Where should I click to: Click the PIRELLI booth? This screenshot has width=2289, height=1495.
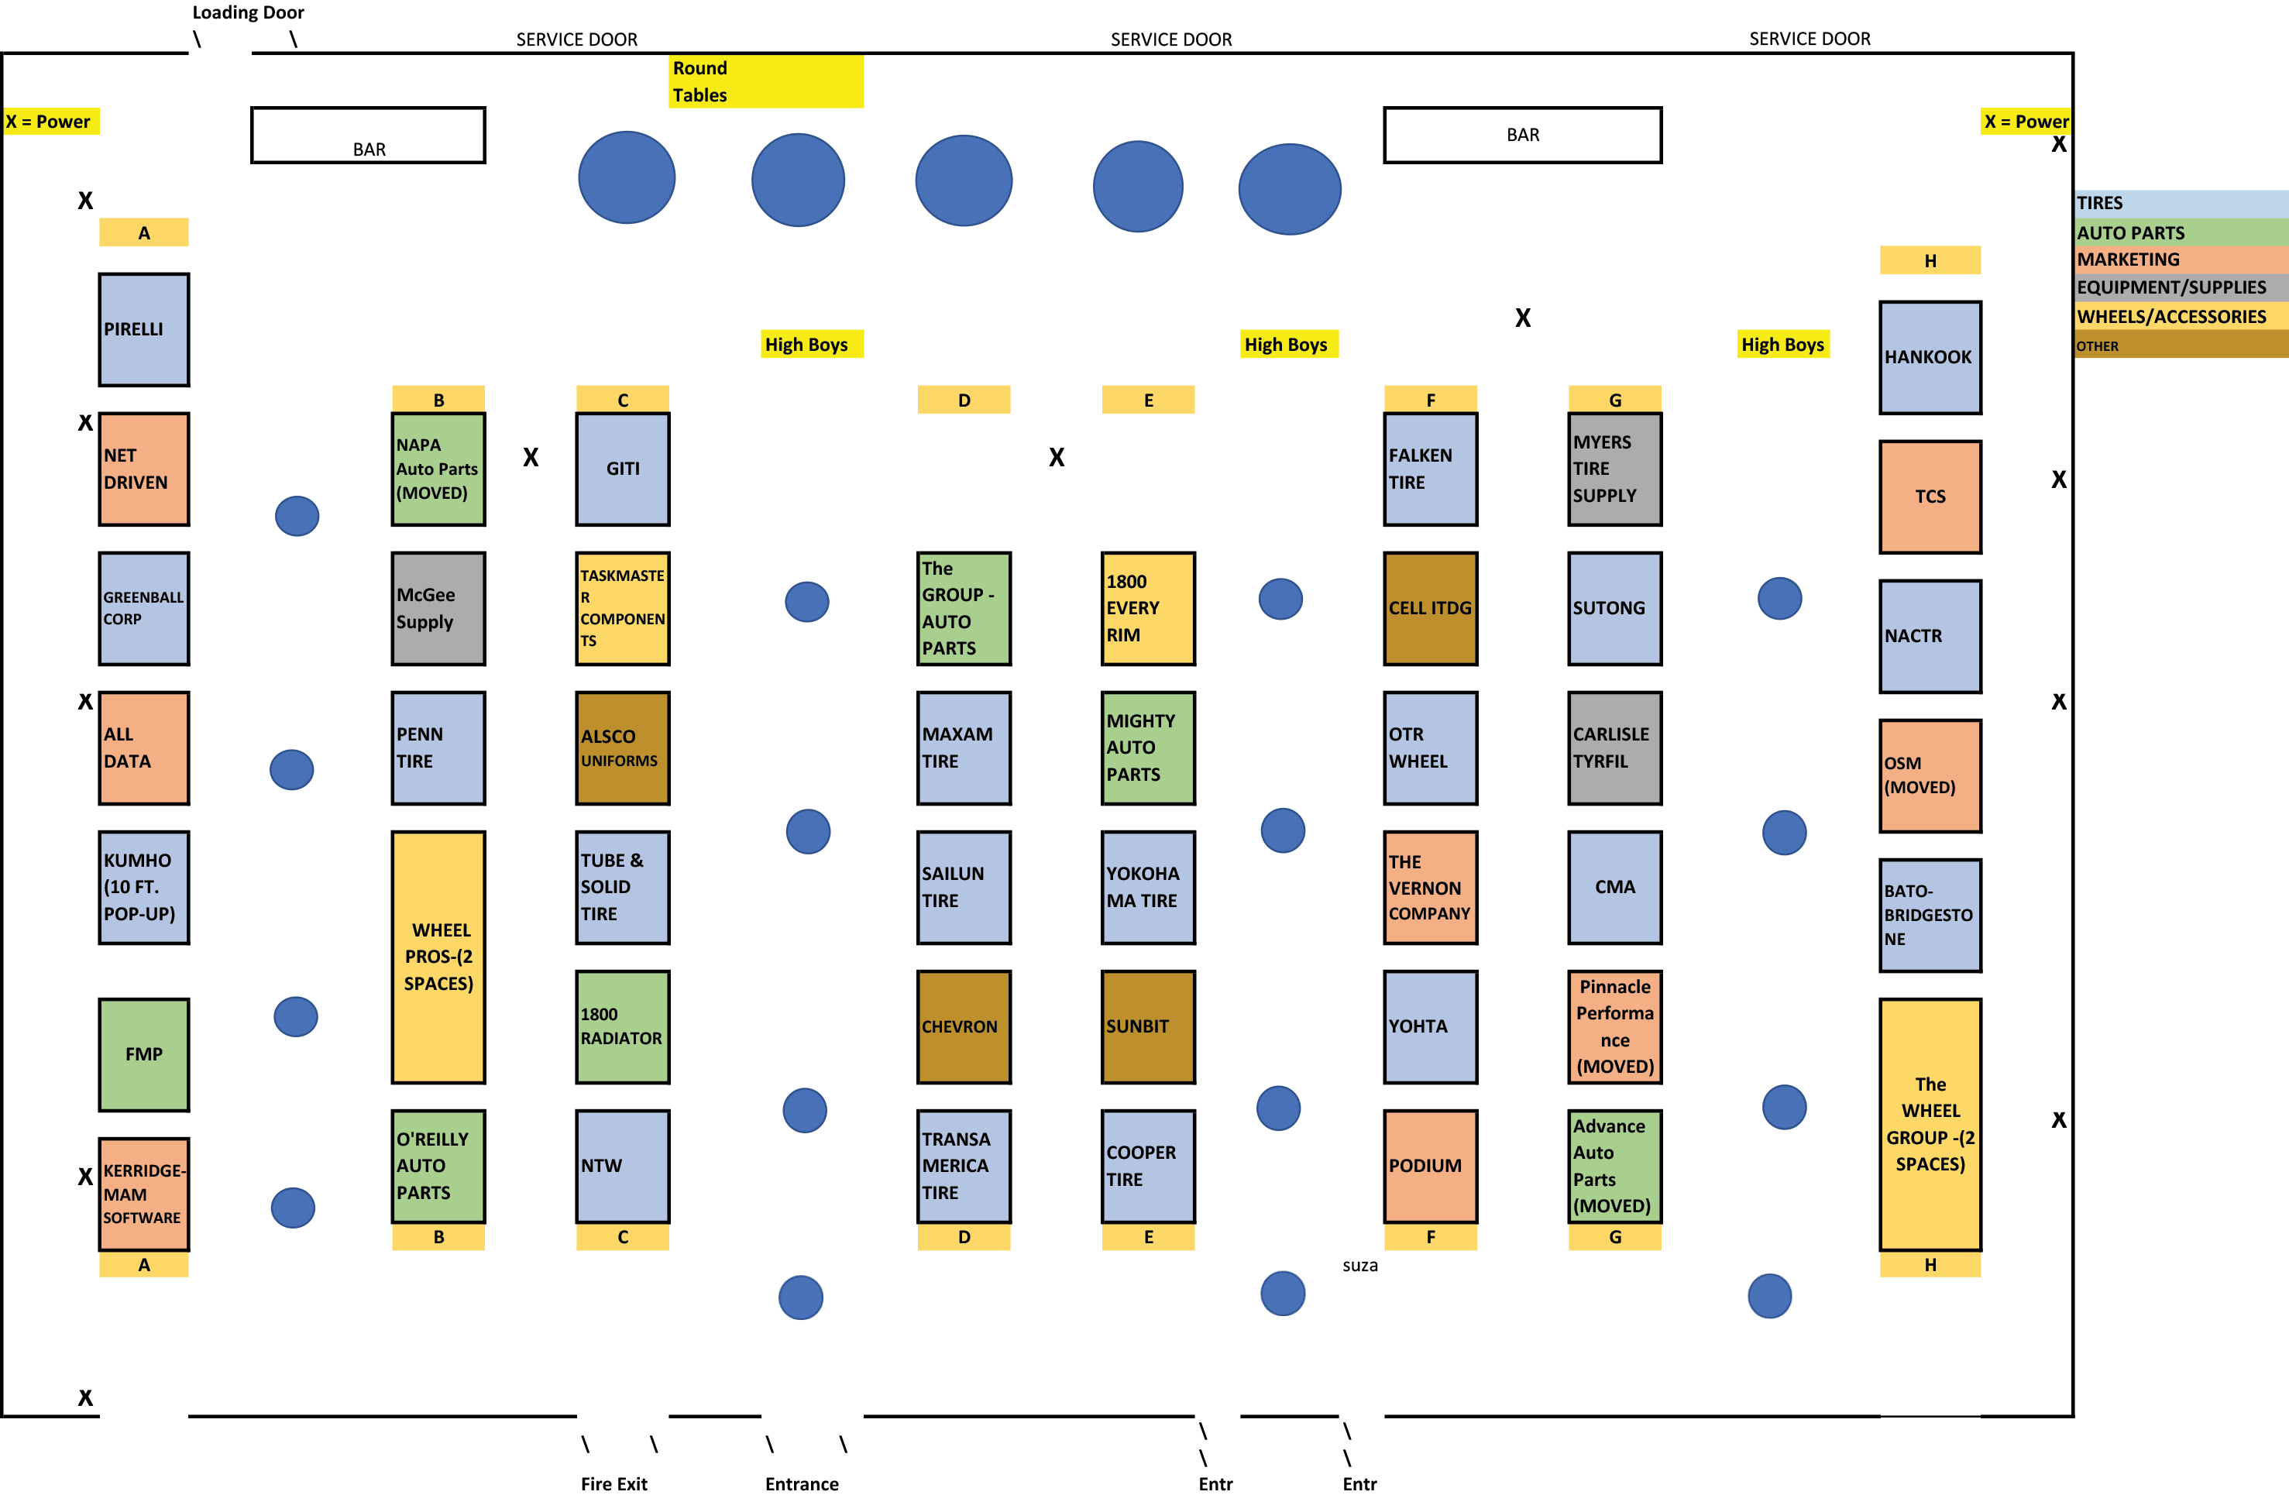tap(144, 329)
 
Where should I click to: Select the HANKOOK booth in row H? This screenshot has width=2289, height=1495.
tap(1930, 357)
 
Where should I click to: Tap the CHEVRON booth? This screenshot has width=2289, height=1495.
tap(964, 1026)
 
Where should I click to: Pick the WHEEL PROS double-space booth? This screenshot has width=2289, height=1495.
tap(438, 957)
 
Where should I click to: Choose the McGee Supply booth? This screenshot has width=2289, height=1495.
tap(438, 608)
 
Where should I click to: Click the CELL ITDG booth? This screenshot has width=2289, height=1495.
tap(1430, 608)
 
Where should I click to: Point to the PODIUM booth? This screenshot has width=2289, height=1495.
tap(1430, 1166)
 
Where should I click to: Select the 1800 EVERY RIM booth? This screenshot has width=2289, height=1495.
tap(1148, 608)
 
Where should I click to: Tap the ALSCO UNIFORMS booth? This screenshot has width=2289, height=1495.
tap(622, 747)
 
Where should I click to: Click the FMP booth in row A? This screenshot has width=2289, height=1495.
tap(144, 1054)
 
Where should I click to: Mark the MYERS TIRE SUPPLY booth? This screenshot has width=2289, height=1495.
tap(1615, 469)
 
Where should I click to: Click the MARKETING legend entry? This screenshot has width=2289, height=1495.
tap(2181, 259)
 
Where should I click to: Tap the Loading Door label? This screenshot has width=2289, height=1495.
tap(248, 12)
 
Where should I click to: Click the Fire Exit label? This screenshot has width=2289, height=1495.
tap(613, 1483)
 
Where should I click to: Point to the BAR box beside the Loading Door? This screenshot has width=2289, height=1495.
tap(369, 135)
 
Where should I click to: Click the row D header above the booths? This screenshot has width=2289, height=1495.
tap(964, 400)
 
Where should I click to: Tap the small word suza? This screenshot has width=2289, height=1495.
tap(1360, 1266)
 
